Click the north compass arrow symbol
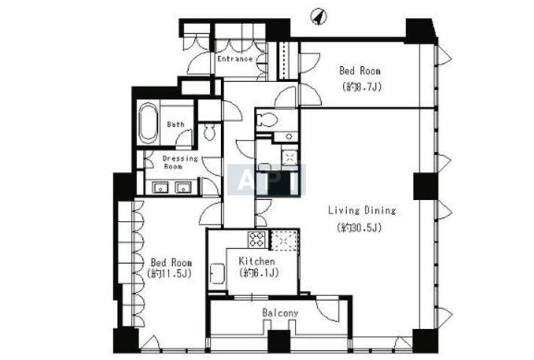click(x=319, y=17)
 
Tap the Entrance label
click(x=235, y=59)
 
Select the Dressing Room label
click(x=181, y=162)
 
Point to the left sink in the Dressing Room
click(x=160, y=187)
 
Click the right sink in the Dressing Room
click(x=183, y=187)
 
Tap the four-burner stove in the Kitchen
click(x=256, y=239)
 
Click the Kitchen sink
click(x=217, y=274)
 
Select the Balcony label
click(x=280, y=313)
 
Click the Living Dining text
click(x=362, y=210)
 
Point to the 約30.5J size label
click(x=359, y=227)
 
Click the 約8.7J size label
click(x=362, y=87)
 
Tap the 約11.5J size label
click(x=170, y=274)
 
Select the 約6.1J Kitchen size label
click(x=259, y=273)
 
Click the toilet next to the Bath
click(x=209, y=132)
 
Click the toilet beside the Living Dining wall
click(x=267, y=119)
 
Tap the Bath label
click(x=176, y=125)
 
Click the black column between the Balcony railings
click(x=279, y=341)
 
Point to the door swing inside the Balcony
click(x=327, y=310)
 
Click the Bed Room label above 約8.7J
click(x=360, y=71)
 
